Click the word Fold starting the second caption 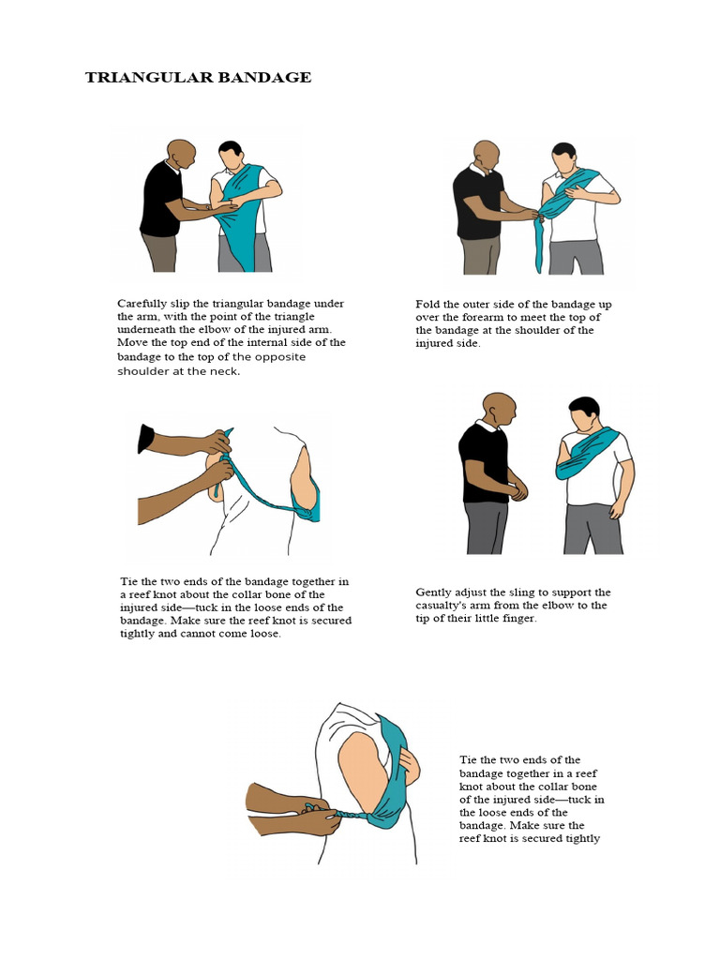click(x=428, y=305)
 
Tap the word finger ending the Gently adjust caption click(x=517, y=619)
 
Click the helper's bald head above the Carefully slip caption click(x=181, y=152)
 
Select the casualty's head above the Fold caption click(x=563, y=157)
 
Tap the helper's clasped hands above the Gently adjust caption click(x=517, y=489)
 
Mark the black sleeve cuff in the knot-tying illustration click(x=145, y=439)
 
